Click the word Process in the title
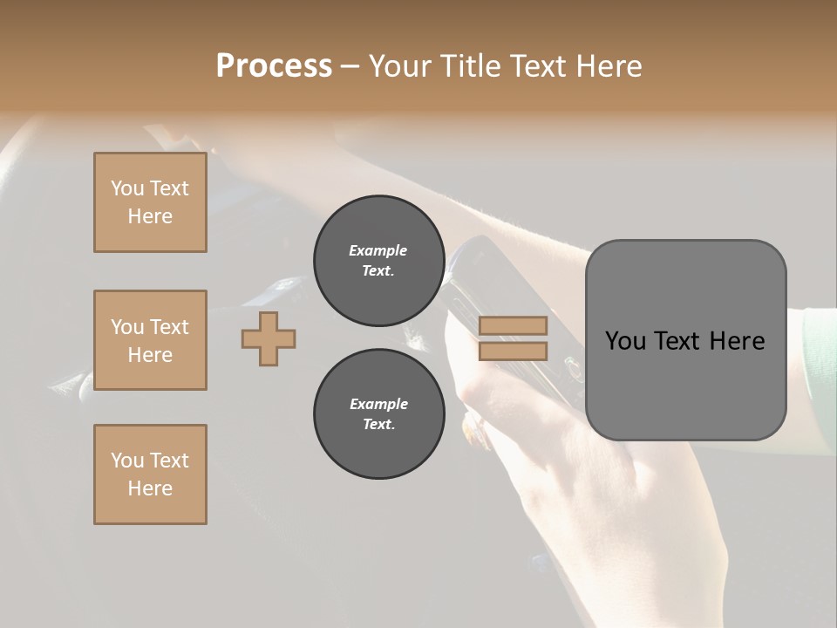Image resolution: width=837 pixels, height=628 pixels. (274, 66)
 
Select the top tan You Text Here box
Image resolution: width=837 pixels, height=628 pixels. (150, 202)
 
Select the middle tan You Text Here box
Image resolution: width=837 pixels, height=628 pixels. (150, 340)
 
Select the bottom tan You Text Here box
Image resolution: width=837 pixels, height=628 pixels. (150, 474)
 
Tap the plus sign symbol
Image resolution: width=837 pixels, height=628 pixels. (269, 338)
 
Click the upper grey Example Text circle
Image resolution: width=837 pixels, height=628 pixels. (378, 261)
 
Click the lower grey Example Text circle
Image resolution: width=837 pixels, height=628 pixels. (378, 414)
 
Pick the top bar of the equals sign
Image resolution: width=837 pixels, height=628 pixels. (513, 325)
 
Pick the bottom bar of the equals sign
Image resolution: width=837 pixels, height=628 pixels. (513, 351)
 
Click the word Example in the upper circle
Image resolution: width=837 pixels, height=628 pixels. (378, 250)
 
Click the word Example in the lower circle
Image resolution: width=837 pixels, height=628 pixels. (378, 404)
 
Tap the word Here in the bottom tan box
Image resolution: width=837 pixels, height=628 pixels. (150, 488)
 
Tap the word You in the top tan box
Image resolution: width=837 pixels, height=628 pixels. (127, 188)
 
